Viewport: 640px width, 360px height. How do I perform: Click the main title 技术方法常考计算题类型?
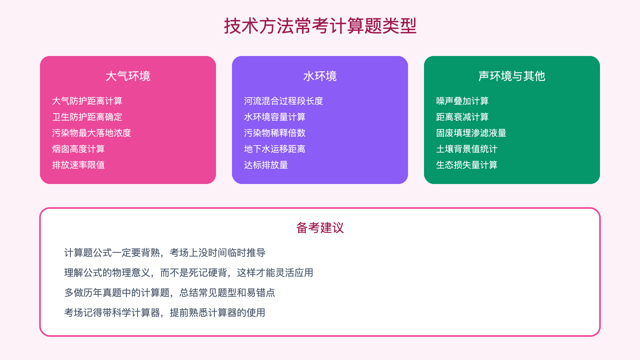coord(320,26)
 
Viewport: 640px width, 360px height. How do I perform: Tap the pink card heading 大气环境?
coord(128,76)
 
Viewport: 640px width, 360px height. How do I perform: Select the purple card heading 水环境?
coord(320,76)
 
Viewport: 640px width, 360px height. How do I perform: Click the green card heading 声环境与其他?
coord(512,76)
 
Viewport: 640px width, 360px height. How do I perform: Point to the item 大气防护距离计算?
coord(87,101)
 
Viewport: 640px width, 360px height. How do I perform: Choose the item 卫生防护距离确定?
coord(87,117)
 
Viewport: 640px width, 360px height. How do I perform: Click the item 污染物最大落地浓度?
coord(92,133)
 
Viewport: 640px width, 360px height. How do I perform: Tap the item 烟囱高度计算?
coord(78,149)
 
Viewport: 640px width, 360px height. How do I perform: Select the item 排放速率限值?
coord(78,165)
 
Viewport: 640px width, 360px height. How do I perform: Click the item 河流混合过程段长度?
coord(284,101)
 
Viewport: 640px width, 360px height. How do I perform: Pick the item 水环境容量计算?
coord(275,117)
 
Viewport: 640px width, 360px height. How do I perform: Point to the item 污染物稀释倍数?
coord(275,133)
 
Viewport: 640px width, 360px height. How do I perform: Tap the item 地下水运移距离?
coord(275,149)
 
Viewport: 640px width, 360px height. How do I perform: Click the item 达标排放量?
coord(266,165)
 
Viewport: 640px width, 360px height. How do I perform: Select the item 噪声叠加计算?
coord(462,101)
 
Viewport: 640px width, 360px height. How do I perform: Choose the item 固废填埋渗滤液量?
coord(471,133)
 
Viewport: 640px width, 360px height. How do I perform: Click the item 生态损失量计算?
coord(467,165)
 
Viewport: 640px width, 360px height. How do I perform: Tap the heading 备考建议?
coord(320,228)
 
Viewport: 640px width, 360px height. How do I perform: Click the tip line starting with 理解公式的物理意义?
coord(189,273)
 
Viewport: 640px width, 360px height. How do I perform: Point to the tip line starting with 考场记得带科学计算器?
coord(165,313)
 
